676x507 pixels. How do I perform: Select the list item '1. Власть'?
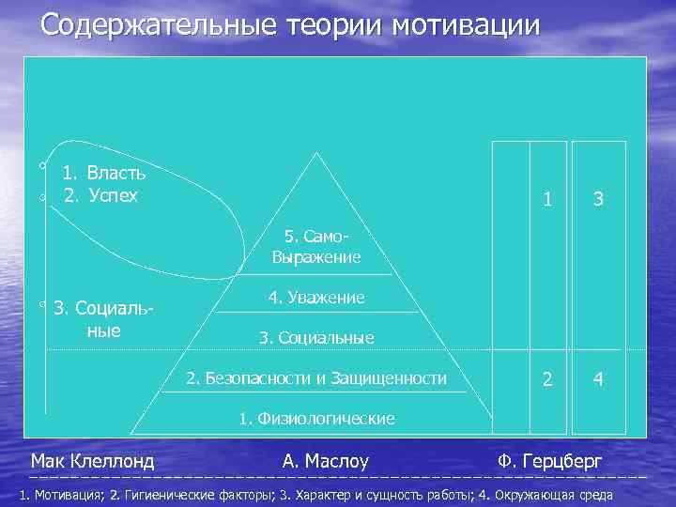click(x=103, y=173)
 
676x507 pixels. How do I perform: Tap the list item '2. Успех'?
click(x=100, y=195)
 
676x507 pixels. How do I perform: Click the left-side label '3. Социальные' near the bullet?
click(x=103, y=319)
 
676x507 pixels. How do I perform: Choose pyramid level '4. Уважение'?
click(x=315, y=298)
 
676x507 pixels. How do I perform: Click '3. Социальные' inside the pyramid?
click(x=315, y=338)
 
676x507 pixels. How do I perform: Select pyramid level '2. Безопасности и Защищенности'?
click(x=315, y=378)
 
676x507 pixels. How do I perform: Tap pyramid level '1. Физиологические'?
click(x=315, y=419)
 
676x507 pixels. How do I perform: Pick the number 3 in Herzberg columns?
click(x=598, y=200)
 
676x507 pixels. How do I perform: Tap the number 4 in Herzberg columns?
click(x=598, y=380)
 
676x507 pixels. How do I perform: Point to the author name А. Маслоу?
click(x=325, y=461)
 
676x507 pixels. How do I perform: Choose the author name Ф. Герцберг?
click(x=550, y=461)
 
